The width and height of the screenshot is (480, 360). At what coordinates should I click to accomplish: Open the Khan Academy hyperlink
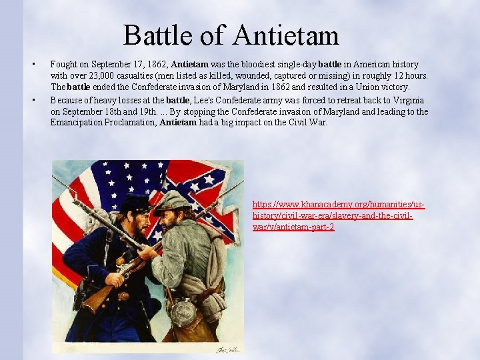(339, 215)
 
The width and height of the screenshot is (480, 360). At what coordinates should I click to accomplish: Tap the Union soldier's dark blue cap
(136, 203)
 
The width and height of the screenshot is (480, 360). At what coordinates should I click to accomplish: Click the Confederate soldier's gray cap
(172, 199)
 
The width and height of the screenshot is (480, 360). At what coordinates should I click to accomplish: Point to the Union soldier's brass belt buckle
(123, 295)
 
